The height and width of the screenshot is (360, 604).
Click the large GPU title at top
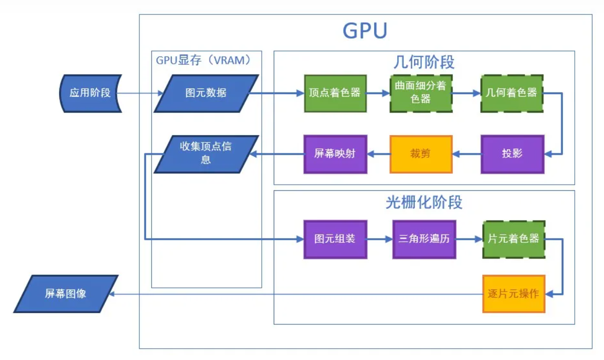coord(365,31)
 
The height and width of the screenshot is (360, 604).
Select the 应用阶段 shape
coord(90,93)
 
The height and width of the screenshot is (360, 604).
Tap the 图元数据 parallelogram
coord(206,93)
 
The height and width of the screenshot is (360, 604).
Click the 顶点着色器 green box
coord(335,93)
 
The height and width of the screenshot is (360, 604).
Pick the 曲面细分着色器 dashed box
coord(420,93)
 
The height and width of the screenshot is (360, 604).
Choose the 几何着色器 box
coord(511,93)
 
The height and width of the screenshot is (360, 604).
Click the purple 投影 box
coord(512,154)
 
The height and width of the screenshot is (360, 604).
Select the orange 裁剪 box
coord(420,154)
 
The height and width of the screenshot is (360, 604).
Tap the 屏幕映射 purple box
coord(335,154)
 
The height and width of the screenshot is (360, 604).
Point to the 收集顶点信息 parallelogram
coord(206,153)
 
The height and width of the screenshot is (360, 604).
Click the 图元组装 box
coord(335,239)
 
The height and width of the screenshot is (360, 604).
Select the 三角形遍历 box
coord(424,239)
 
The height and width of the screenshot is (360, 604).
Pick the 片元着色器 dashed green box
coord(513,239)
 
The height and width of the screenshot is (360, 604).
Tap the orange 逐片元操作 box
coord(513,294)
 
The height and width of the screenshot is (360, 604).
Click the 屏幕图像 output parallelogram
coord(65,294)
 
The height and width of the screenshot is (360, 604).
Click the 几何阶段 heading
coord(423,62)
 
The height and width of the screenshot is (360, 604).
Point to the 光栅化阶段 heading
coord(423,202)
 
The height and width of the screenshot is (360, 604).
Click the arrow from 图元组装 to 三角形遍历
coord(380,239)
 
